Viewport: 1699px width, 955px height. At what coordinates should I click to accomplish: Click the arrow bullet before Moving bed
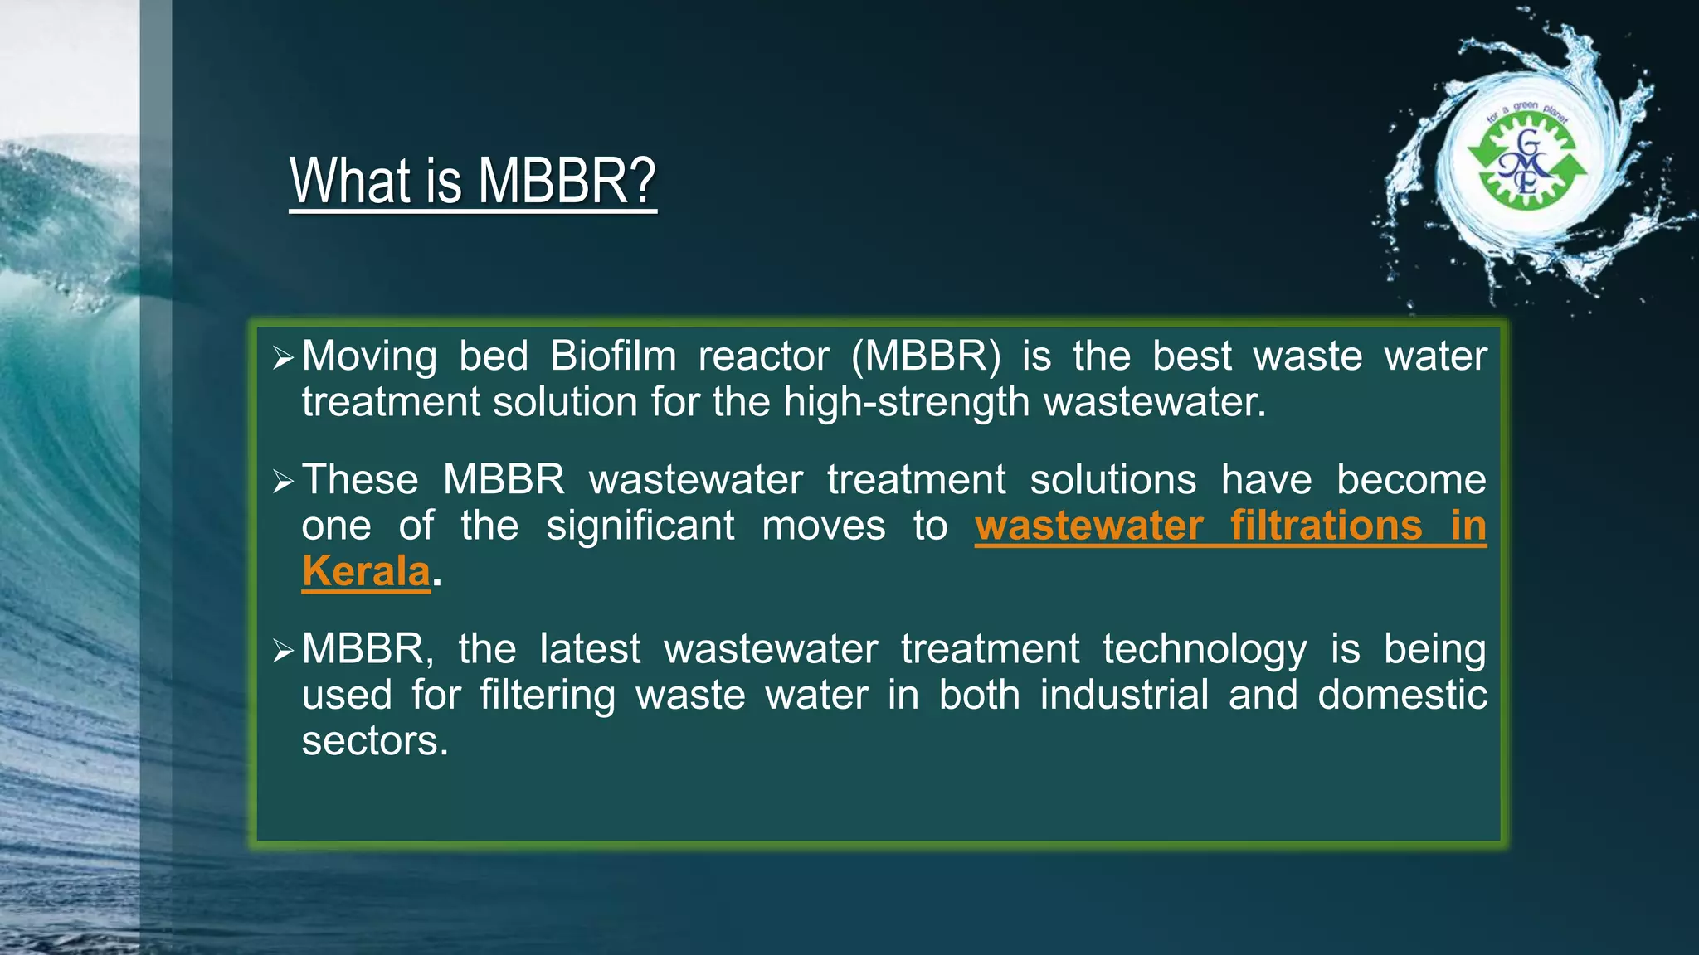coord(283,358)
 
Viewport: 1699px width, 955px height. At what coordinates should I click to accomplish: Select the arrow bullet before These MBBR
coord(283,482)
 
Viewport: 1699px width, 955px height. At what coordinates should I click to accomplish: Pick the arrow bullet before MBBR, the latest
coord(283,651)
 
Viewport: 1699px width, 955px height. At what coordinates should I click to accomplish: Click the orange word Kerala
coord(366,571)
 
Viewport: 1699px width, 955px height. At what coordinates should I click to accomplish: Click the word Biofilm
coord(613,356)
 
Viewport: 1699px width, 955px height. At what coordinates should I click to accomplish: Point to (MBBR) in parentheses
coord(926,356)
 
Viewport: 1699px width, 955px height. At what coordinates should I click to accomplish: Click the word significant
coord(640,526)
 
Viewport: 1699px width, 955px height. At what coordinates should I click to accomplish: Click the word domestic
coord(1402,695)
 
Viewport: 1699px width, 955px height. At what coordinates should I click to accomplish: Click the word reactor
coord(763,356)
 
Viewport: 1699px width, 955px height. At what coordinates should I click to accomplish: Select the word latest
coord(589,649)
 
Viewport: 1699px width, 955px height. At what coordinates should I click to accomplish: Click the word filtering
coord(548,695)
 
